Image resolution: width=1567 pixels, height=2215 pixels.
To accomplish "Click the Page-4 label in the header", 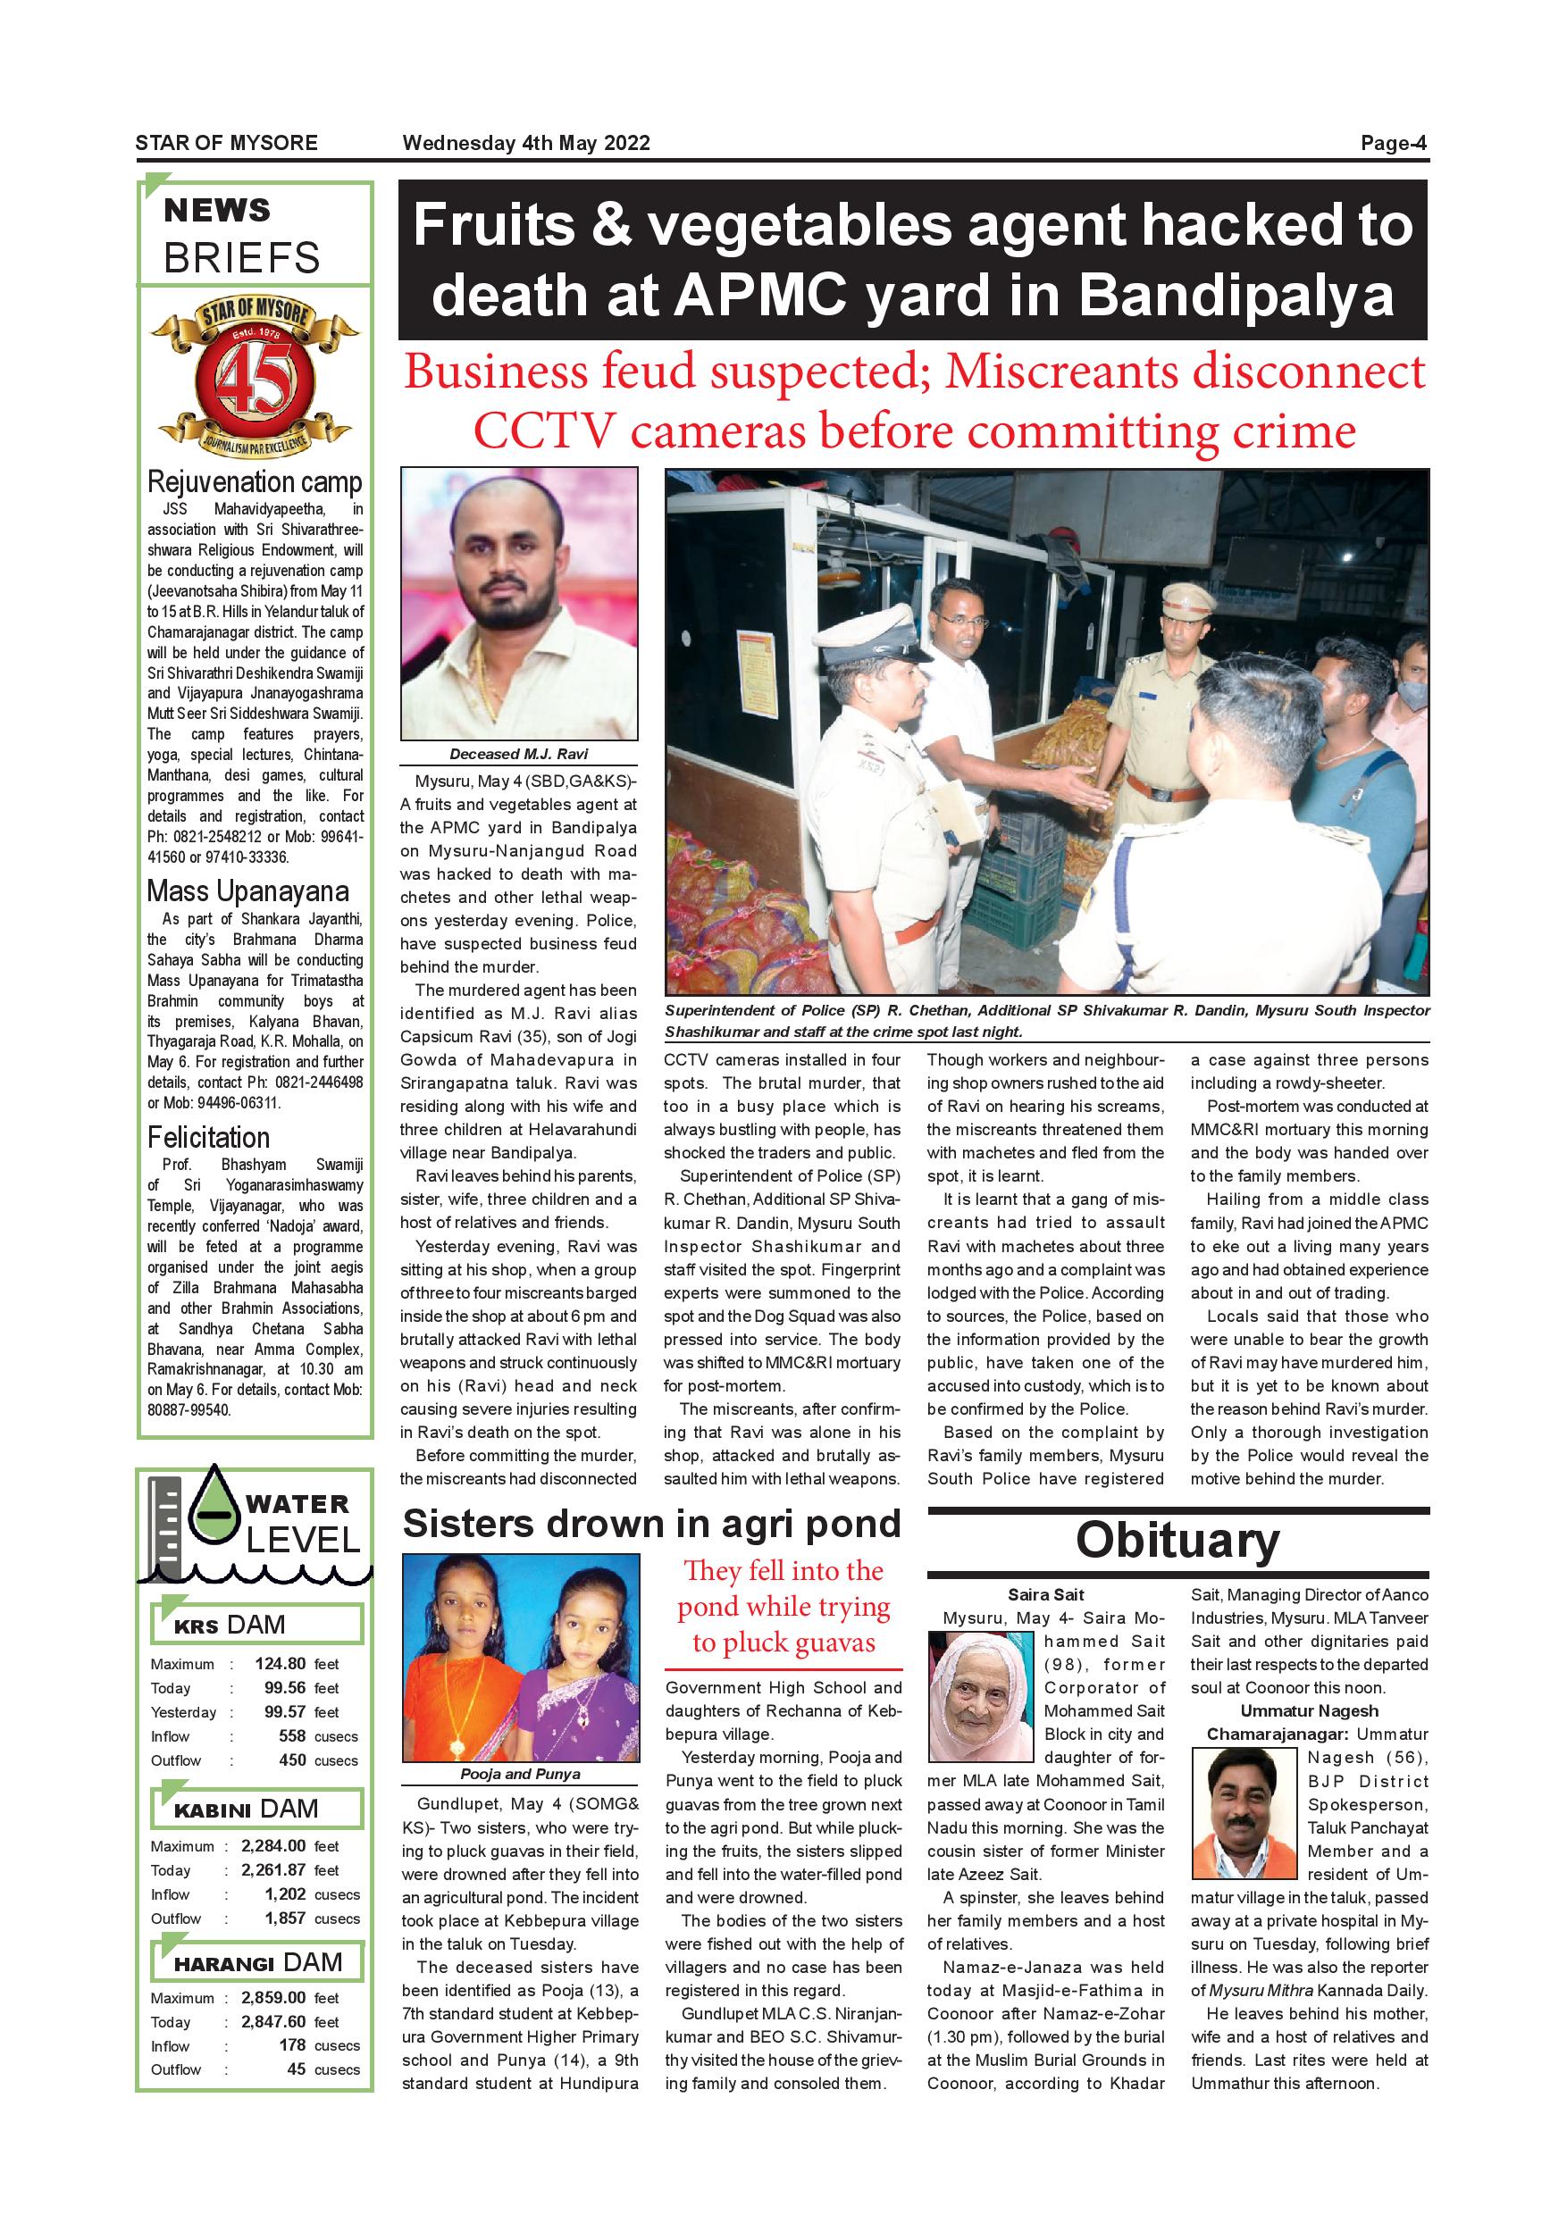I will coord(1394,144).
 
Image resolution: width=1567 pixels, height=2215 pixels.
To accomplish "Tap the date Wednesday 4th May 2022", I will coord(526,144).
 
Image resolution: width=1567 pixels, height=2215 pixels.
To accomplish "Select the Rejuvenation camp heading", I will coord(255,481).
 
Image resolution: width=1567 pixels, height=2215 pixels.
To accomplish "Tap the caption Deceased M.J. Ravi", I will coord(518,755).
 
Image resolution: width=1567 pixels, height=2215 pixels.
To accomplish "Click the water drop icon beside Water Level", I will coord(214,1508).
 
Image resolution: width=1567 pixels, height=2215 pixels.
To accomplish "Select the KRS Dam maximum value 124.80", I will coord(280,1663).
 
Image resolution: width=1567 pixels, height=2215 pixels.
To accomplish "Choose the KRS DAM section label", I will coord(230,1625).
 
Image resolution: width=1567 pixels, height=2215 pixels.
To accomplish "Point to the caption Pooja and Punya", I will coord(520,1774).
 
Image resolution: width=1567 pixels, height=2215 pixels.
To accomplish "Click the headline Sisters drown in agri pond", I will coord(651,1525).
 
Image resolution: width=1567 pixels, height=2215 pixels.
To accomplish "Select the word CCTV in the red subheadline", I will coord(542,431).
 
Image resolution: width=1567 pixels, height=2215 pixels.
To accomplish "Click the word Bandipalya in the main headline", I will coord(1235,296).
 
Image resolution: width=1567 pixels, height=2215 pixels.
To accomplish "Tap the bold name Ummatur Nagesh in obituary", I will coord(1310,1710).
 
